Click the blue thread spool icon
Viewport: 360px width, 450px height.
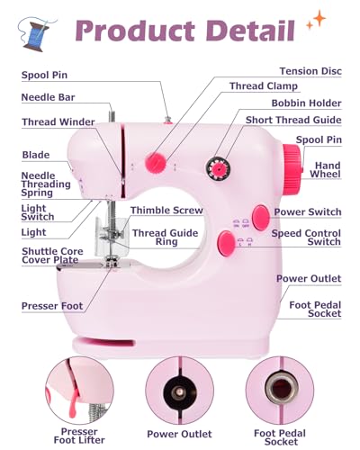point(37,34)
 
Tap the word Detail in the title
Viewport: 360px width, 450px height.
point(251,30)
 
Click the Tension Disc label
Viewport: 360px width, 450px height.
point(310,71)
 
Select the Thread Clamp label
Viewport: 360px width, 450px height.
point(264,86)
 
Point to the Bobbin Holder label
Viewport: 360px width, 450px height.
point(307,103)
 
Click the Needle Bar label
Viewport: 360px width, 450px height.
point(48,97)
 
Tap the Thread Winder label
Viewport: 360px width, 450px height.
point(58,121)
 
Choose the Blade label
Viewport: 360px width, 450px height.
point(36,155)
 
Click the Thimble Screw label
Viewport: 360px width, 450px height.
point(166,211)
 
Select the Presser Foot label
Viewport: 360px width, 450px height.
point(52,306)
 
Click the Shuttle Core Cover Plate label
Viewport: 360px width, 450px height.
point(52,256)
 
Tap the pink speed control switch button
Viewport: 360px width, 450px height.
point(227,243)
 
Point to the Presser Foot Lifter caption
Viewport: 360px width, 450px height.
point(79,436)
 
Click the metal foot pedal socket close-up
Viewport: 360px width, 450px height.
point(282,388)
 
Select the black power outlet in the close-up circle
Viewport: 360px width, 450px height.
point(179,391)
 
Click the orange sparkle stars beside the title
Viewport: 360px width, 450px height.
point(316,20)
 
